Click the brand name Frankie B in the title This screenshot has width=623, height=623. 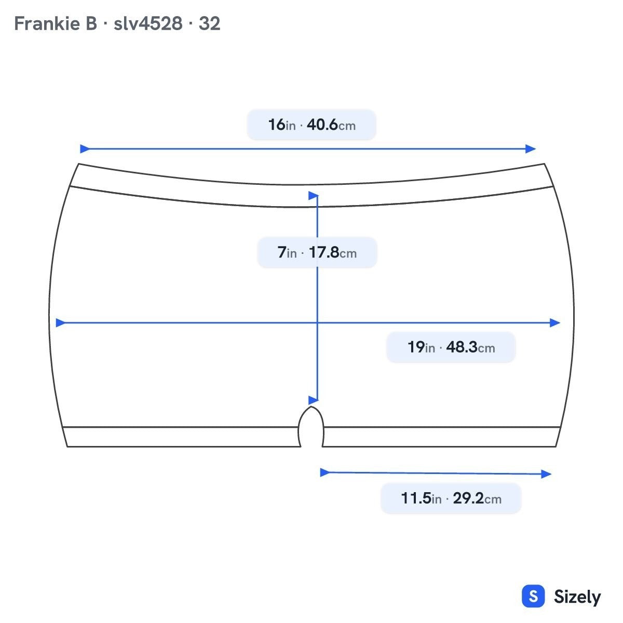pyautogui.click(x=56, y=23)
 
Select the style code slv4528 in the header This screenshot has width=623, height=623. pyautogui.click(x=148, y=23)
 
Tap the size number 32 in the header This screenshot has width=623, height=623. pyautogui.click(x=210, y=23)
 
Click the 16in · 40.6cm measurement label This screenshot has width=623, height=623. pyautogui.click(x=311, y=125)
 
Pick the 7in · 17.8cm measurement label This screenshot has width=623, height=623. pyautogui.click(x=317, y=252)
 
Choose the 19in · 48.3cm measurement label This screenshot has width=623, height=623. pyautogui.click(x=451, y=347)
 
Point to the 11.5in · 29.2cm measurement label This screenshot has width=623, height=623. pyautogui.click(x=451, y=498)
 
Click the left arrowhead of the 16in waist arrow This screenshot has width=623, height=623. pyautogui.click(x=85, y=148)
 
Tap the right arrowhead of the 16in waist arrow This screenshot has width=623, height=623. pyautogui.click(x=531, y=148)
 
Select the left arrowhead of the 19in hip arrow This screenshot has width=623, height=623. pyautogui.click(x=61, y=322)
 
